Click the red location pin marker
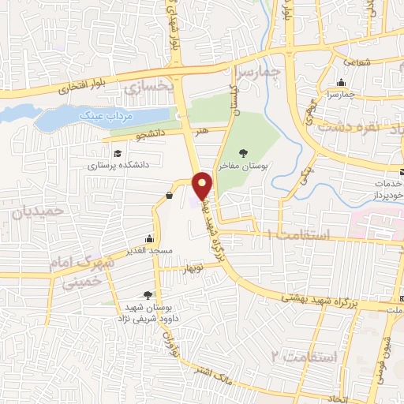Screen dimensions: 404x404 pos(204,185)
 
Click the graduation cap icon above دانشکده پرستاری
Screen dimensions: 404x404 pos(118,153)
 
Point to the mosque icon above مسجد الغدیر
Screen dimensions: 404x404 pos(150,238)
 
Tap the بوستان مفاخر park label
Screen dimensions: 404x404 pos(255,168)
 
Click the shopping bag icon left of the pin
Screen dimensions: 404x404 pos(170,195)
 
